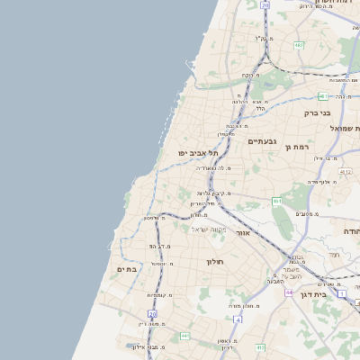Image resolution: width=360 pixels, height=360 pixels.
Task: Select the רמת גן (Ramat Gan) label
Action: (x=295, y=146)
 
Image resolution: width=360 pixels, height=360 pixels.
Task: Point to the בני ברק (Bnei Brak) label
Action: (x=313, y=113)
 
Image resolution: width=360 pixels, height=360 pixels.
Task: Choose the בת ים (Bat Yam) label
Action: (x=126, y=269)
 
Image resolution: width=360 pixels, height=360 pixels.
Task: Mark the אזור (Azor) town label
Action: (x=242, y=232)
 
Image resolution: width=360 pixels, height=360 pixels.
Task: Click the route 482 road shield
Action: (x=298, y=43)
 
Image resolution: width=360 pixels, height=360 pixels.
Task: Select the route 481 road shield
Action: (x=321, y=94)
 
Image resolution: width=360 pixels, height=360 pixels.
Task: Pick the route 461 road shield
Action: (x=276, y=201)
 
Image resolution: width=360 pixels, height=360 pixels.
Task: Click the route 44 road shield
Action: (x=288, y=292)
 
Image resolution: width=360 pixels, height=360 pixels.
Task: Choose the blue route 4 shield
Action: (x=238, y=319)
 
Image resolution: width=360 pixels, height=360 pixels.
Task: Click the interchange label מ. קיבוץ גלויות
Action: (x=216, y=193)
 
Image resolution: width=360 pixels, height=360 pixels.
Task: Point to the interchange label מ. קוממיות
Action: (x=159, y=295)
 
